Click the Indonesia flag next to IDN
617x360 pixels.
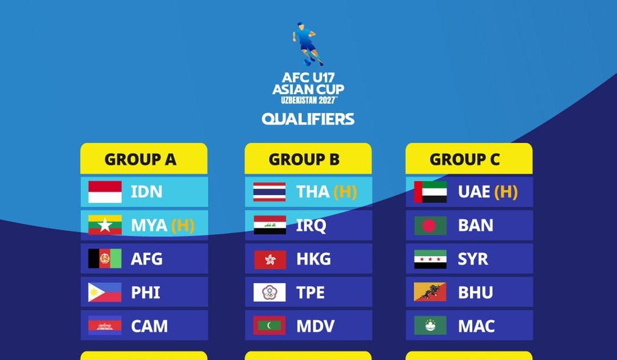105,192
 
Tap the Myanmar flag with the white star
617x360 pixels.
105,225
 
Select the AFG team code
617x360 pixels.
146,259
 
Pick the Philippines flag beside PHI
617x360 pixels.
105,293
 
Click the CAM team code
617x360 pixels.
149,326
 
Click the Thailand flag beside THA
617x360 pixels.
269,192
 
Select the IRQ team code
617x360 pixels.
311,226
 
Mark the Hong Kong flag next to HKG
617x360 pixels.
270,259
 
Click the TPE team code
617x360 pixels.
311,293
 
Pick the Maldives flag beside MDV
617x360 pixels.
269,325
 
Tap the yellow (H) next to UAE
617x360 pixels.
506,192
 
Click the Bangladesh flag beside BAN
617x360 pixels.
431,226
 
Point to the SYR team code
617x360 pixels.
473,259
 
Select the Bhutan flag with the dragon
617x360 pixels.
430,292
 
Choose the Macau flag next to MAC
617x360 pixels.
431,325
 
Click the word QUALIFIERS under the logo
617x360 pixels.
308,119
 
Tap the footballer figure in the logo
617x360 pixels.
307,44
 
